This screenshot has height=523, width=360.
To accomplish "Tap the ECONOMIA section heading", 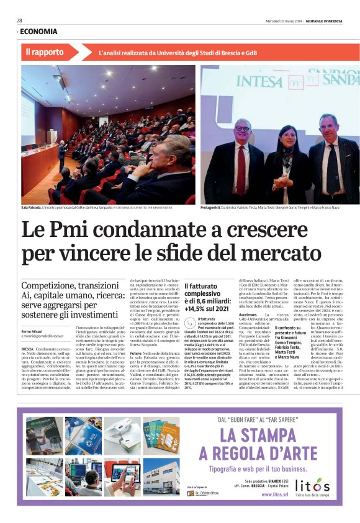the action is click(38, 32).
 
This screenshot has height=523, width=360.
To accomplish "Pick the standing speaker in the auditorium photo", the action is click(61, 155).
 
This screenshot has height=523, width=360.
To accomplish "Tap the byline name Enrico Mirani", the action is click(33, 332).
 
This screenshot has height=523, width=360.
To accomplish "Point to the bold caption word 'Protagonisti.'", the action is click(215, 208).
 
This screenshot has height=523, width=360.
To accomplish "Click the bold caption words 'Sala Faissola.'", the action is click(30, 208).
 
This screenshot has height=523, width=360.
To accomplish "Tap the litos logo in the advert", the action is click(313, 485).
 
